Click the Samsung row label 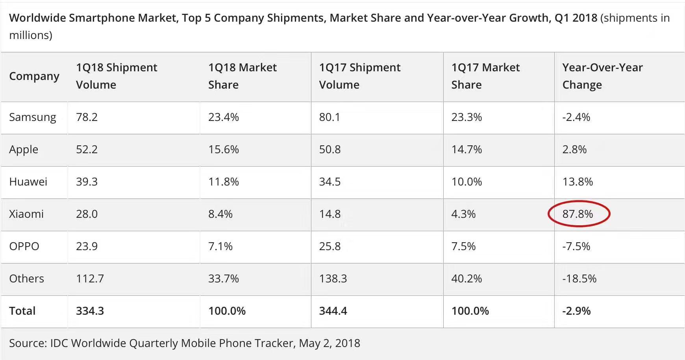click(x=33, y=117)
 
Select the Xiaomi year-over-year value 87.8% click(x=578, y=214)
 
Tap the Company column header click(x=34, y=76)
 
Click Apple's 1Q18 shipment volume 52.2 click(x=87, y=149)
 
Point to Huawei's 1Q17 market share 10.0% click(x=467, y=182)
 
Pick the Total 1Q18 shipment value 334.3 click(x=90, y=311)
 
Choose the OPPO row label click(x=24, y=246)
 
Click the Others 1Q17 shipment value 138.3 click(x=333, y=278)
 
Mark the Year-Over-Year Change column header click(x=602, y=76)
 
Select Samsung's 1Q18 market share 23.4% click(x=224, y=117)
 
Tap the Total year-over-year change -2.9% click(x=576, y=311)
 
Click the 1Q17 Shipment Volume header click(x=360, y=76)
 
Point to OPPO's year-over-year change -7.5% click(x=576, y=246)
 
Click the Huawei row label click(x=28, y=182)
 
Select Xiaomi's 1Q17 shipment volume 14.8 click(x=330, y=214)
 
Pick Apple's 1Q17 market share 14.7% click(x=467, y=149)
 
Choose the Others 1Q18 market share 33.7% click(x=224, y=278)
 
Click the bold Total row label click(x=22, y=311)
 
